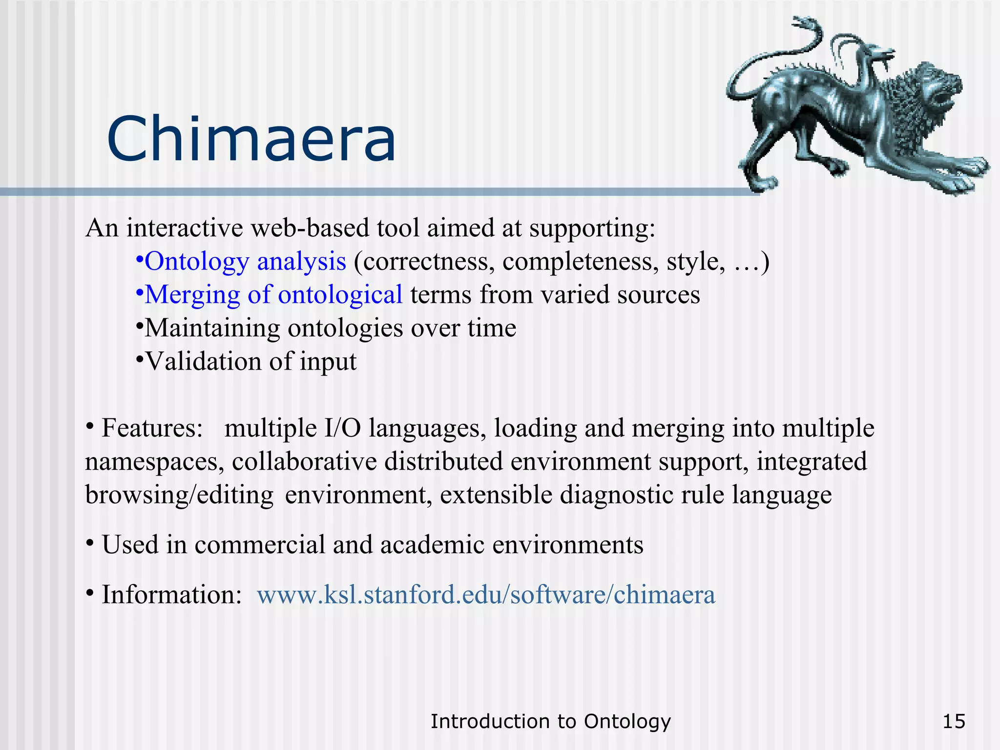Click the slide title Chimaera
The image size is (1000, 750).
point(251,139)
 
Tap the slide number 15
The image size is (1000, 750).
point(954,721)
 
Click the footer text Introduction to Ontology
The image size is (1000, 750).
point(550,721)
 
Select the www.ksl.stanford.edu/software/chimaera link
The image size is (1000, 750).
point(486,595)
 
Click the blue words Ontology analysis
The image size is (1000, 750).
point(245,261)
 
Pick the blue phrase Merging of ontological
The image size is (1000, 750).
point(273,294)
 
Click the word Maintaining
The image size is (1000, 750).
point(212,328)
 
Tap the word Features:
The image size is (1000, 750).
point(152,428)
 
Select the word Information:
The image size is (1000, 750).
point(171,595)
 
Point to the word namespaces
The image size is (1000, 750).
point(154,462)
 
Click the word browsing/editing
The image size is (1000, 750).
point(179,495)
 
